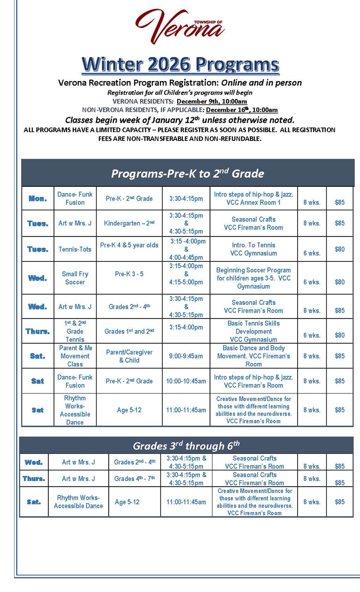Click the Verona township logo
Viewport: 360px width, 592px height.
coord(180,27)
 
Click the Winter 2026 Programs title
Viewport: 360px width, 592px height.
coord(180,65)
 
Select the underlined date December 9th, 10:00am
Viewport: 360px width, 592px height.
coord(212,101)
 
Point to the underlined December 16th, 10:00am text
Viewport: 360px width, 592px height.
coord(242,110)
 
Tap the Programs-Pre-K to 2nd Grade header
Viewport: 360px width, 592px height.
coord(187,173)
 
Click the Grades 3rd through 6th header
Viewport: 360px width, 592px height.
coord(186,445)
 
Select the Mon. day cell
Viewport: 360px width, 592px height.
coord(37,199)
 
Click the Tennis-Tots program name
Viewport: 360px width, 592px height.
coord(75,249)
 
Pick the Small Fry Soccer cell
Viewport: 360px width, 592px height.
coord(75,278)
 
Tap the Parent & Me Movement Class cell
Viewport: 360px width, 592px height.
coord(75,356)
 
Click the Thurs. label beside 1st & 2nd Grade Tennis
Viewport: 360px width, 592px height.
coord(37,331)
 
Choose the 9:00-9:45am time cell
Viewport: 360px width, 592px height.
coord(186,356)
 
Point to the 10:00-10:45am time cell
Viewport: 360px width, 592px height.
coord(186,381)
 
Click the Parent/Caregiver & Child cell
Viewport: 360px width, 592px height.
coord(129,356)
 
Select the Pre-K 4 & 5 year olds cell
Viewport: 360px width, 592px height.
coord(129,245)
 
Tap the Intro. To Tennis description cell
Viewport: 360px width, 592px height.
coord(254,249)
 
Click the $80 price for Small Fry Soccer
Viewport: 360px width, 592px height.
coord(339,282)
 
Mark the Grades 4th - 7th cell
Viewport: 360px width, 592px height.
coord(135,479)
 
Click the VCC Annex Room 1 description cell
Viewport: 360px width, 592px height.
coord(254,199)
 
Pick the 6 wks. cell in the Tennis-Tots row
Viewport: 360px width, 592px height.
coord(312,253)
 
